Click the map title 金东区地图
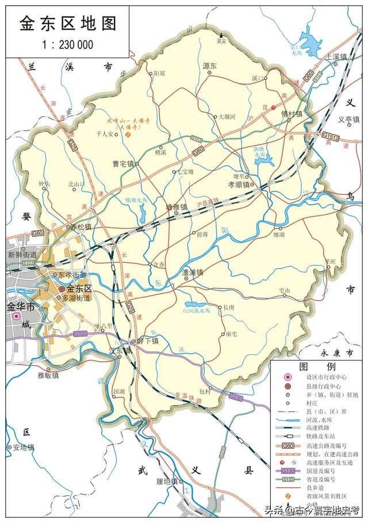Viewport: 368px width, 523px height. pos(68,24)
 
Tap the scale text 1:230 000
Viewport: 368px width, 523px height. pos(68,44)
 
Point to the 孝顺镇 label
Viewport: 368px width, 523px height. pos(239,185)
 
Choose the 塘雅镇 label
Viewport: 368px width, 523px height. pos(177,207)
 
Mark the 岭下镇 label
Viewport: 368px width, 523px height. pos(148,341)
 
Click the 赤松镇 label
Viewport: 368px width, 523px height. pos(81,227)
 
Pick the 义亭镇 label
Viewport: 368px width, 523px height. pos(348,120)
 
